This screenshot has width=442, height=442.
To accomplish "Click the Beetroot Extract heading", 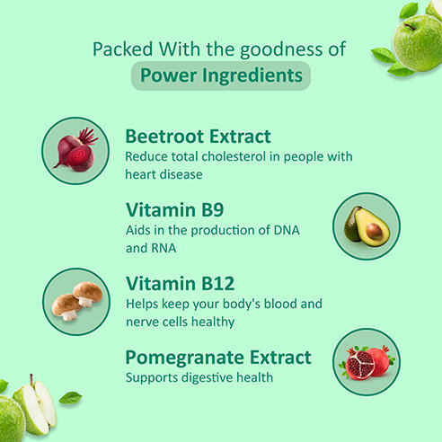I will tap(198, 137).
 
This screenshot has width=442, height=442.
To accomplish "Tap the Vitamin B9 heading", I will tap(174, 210).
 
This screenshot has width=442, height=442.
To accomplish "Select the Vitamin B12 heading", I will tap(180, 284).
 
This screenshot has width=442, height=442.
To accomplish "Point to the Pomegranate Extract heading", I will tap(218, 357).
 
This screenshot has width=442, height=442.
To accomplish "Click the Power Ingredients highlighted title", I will tap(220, 75).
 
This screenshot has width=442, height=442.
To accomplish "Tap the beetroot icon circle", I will tap(75, 150).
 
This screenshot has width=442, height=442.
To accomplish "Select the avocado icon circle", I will tap(367, 225).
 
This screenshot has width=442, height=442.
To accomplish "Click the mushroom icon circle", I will tap(75, 301).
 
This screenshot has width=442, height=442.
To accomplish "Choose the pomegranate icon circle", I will tap(367, 362).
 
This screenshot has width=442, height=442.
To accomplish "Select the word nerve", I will tap(143, 320).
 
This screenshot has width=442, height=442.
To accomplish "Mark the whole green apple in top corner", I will tap(418, 40).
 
